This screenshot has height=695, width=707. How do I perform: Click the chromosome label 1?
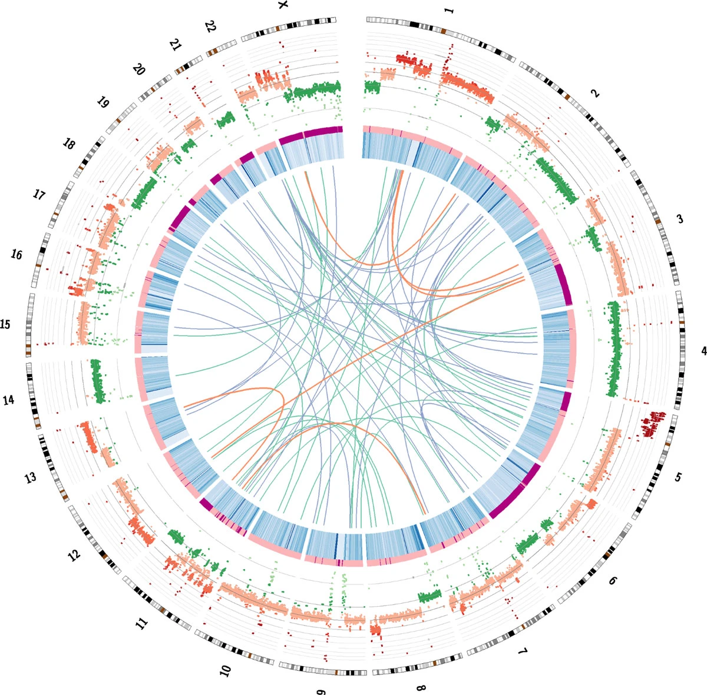(449, 10)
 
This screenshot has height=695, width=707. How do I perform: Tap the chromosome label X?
(283, 5)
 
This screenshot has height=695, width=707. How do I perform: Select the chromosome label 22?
(210, 26)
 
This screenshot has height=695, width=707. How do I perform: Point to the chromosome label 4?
(703, 351)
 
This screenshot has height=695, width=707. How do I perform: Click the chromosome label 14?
(8, 400)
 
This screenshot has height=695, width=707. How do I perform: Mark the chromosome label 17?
(38, 195)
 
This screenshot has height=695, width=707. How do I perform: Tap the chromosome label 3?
(679, 219)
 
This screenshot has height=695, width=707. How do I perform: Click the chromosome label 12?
(74, 556)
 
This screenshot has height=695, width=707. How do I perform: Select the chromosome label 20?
(138, 69)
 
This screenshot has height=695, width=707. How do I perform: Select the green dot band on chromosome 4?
(613, 348)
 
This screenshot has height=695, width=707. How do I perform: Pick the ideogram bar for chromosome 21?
(188, 65)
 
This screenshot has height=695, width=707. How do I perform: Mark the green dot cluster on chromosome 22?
(225, 119)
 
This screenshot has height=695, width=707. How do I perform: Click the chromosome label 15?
(5, 324)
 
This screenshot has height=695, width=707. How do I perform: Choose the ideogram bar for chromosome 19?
(121, 118)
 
